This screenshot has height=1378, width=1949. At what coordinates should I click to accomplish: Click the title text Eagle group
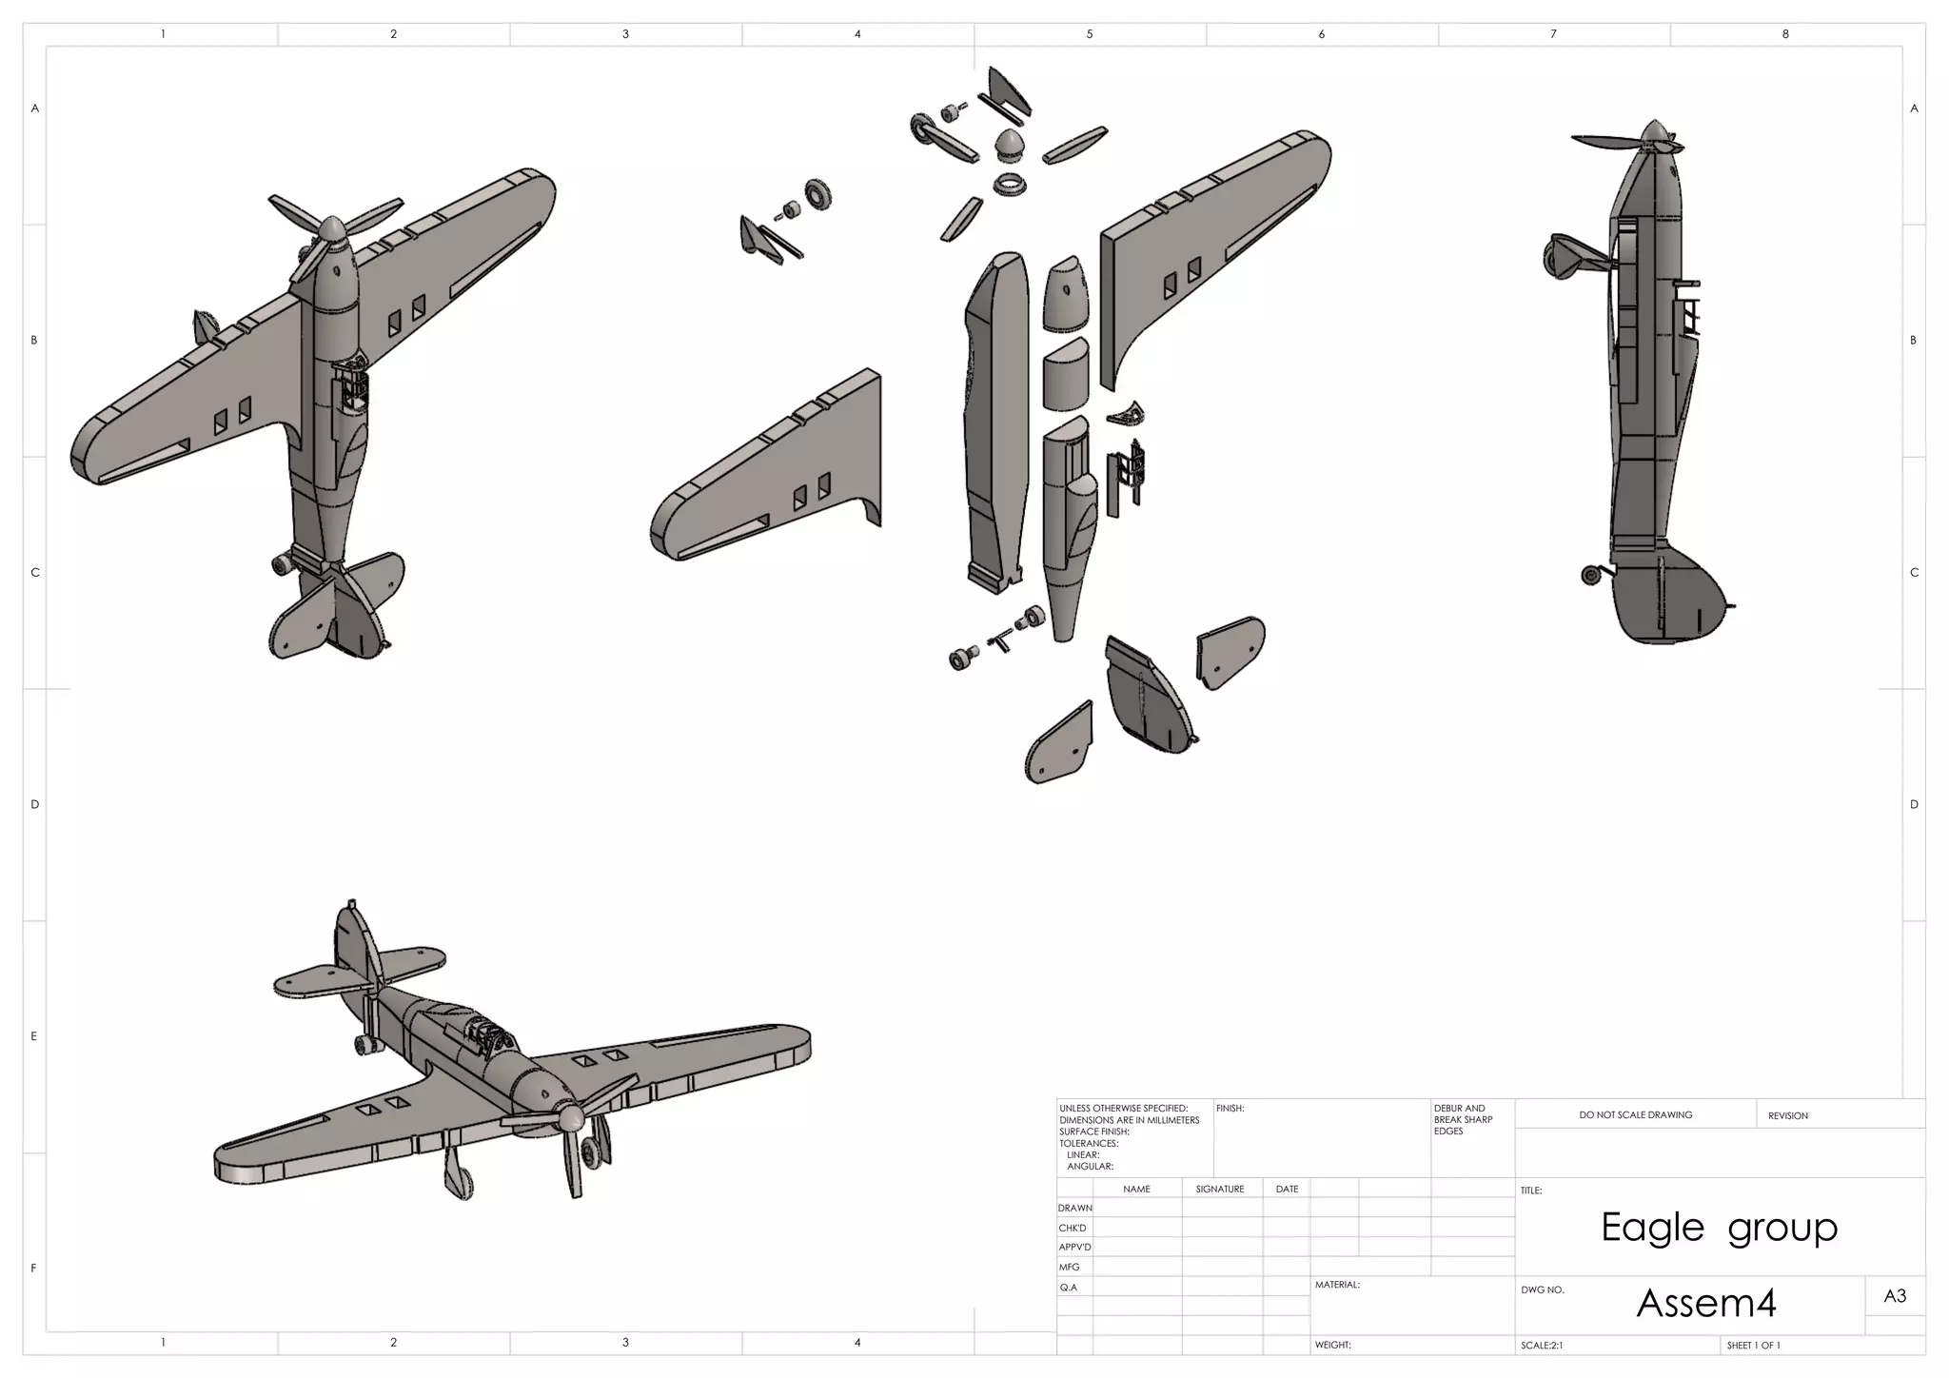(1719, 1228)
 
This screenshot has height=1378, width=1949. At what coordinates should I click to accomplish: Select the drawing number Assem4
(1705, 1304)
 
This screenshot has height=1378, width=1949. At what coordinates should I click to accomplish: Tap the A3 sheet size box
(1894, 1296)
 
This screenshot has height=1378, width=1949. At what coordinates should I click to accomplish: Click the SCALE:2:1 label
(1542, 1346)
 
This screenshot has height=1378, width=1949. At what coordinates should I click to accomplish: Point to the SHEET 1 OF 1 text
(1753, 1346)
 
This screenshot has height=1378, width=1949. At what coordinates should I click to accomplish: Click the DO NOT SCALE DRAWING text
(1635, 1114)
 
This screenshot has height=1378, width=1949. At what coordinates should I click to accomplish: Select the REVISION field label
(1787, 1115)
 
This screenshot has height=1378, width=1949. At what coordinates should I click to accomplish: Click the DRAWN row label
(1074, 1208)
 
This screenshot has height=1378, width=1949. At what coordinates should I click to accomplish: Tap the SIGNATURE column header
(1220, 1189)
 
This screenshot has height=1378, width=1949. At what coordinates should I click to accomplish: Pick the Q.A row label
(1069, 1288)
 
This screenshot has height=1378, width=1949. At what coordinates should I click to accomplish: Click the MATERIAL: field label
(1337, 1285)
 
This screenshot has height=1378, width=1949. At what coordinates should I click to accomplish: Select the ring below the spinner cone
(1011, 184)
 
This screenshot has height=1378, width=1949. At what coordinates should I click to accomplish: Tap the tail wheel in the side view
(1590, 575)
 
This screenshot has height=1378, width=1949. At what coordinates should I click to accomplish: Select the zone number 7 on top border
(1553, 34)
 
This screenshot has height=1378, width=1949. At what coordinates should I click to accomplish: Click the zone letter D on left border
(35, 804)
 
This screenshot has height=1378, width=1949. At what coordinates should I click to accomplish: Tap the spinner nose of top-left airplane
(332, 231)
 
